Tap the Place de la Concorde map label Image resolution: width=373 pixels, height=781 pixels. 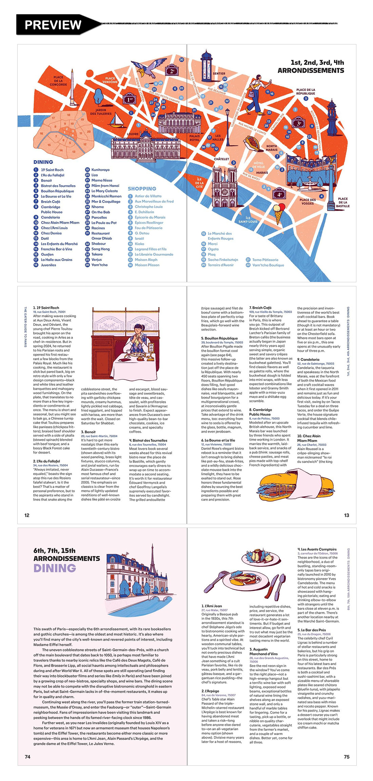pos(58,81)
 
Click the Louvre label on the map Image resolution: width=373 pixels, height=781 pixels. pos(133,134)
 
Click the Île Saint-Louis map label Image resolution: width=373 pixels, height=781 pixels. pos(248,220)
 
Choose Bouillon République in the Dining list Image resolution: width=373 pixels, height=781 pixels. pos(57,191)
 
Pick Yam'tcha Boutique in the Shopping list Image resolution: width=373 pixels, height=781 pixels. pos(268,265)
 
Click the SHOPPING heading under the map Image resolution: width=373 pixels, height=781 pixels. pos(142,189)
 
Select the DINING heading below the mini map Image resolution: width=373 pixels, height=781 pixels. pos(43,162)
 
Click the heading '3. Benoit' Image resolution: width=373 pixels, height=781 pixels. pos(88,432)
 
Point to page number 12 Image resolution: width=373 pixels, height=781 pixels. pos(27,515)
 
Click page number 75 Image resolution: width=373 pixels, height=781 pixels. pos(346,757)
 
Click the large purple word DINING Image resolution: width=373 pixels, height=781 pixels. pos(55,568)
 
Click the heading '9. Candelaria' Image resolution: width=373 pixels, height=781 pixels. pos(308,359)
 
